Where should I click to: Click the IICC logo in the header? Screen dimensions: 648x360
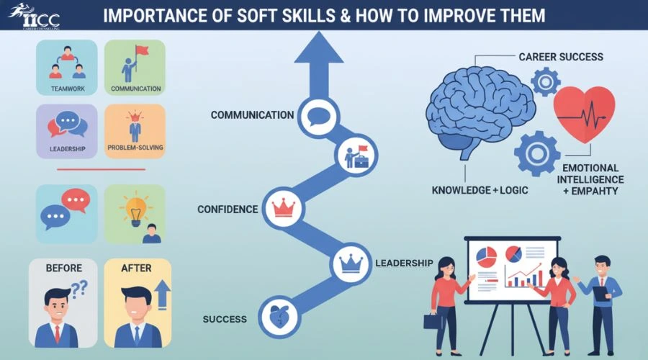(34, 16)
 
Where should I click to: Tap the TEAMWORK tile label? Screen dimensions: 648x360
(68, 89)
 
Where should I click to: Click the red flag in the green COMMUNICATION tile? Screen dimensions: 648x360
(142, 50)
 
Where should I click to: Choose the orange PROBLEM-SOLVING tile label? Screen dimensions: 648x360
(135, 147)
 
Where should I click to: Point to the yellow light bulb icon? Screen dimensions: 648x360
(135, 211)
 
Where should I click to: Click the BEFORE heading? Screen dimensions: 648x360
(63, 269)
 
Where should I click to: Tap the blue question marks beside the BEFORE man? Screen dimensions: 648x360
(79, 288)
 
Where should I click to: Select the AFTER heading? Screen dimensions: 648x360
(136, 269)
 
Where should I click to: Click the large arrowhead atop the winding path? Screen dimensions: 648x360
(319, 49)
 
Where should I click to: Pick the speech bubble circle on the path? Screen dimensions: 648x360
(318, 117)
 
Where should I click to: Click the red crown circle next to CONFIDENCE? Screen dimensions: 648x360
(284, 207)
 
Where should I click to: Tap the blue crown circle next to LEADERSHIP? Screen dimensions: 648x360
(351, 264)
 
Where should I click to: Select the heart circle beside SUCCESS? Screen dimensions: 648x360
(279, 317)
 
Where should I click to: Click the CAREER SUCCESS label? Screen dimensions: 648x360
(561, 57)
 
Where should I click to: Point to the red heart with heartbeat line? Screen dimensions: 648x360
(584, 113)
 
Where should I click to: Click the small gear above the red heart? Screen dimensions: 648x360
(546, 82)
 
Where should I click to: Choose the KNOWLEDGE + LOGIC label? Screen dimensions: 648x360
(480, 190)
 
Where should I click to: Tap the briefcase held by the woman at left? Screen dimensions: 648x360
(431, 320)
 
